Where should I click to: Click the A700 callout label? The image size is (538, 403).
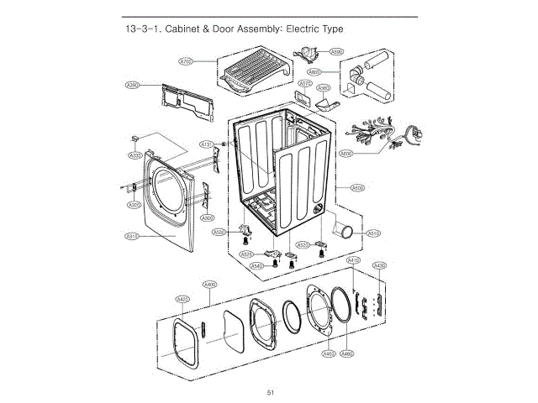187,61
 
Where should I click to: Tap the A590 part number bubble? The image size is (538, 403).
336,51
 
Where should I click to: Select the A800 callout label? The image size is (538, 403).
338,72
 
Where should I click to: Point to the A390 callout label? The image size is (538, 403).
132,85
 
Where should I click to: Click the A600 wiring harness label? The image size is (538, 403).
346,154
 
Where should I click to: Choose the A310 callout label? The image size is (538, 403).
132,237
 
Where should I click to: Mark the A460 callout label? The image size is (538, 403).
346,354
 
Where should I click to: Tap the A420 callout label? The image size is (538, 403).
182,299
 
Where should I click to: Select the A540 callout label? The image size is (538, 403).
257,266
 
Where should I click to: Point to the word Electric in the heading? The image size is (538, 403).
304,29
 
